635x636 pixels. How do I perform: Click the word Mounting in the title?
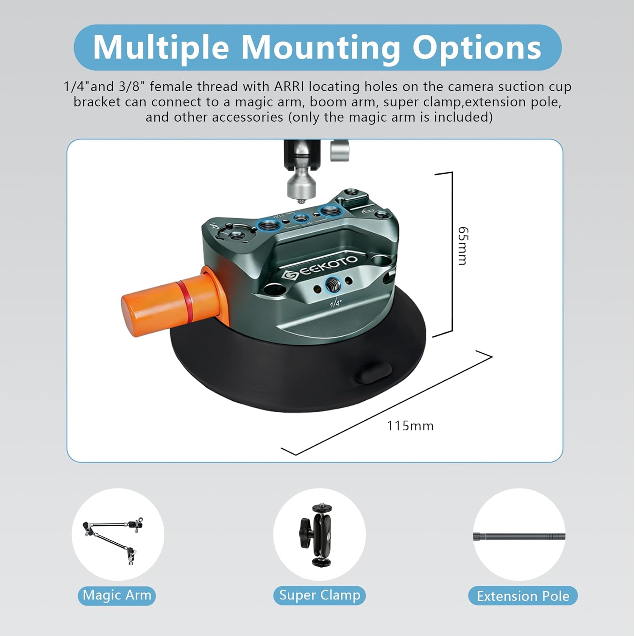pyautogui.click(x=320, y=47)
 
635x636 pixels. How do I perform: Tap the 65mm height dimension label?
pyautogui.click(x=463, y=245)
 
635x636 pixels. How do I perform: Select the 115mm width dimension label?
pyautogui.click(x=410, y=426)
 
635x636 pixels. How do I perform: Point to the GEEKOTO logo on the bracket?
pyautogui.click(x=320, y=267)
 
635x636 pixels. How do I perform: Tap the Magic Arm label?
pyautogui.click(x=117, y=595)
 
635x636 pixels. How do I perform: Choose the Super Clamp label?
pyautogui.click(x=319, y=595)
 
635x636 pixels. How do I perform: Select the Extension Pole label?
pyautogui.click(x=523, y=596)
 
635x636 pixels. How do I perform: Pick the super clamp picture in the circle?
pyautogui.click(x=318, y=535)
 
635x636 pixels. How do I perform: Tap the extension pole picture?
pyautogui.click(x=519, y=536)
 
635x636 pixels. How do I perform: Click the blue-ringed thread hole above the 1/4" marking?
pyautogui.click(x=333, y=287)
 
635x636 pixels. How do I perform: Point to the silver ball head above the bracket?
pyautogui.click(x=301, y=184)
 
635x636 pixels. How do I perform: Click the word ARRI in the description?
pyautogui.click(x=289, y=87)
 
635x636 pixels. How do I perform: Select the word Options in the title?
pyautogui.click(x=476, y=47)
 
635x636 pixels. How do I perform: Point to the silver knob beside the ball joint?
pyautogui.click(x=340, y=151)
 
